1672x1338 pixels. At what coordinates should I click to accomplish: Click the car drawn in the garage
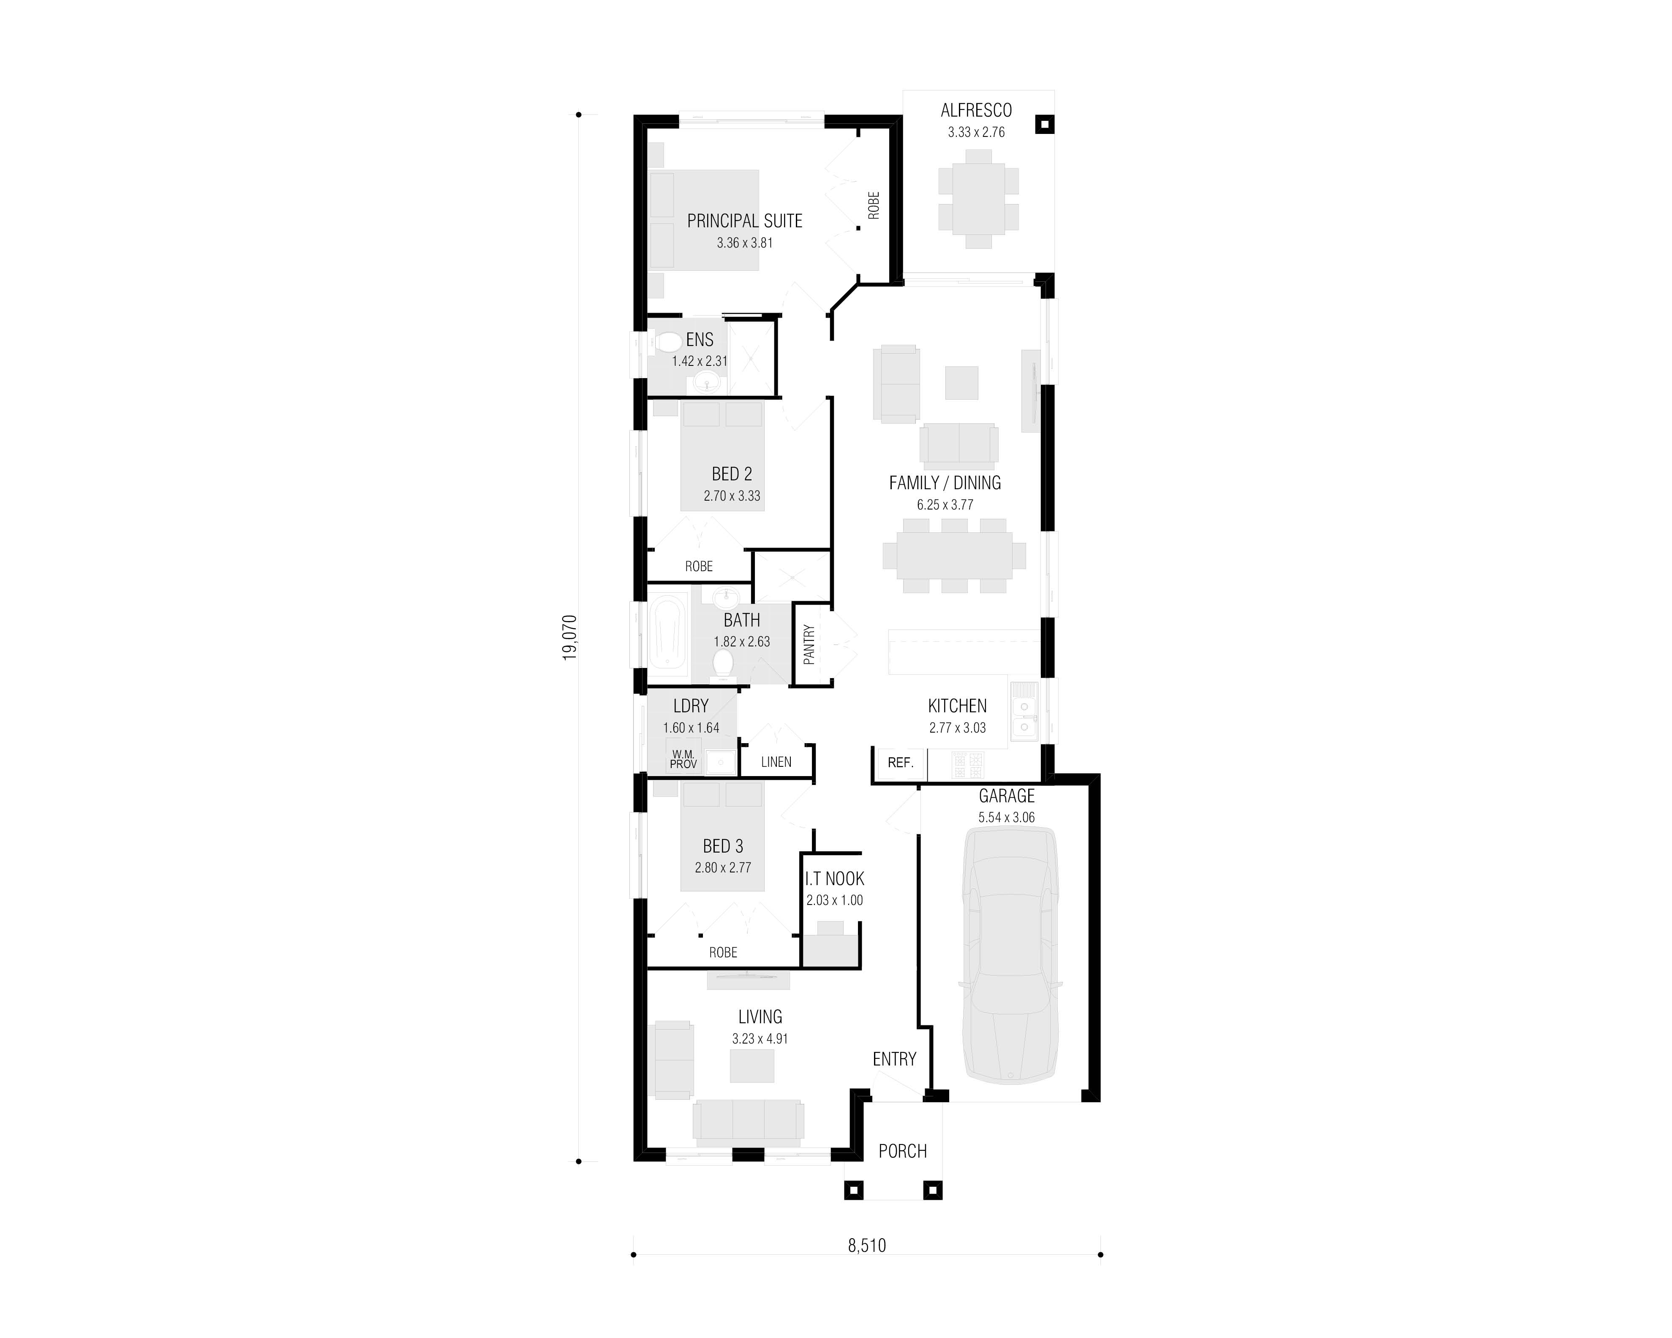[x=1010, y=956]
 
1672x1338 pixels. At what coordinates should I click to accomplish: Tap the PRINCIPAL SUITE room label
[x=744, y=221]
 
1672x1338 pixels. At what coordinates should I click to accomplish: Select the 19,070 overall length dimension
[x=570, y=638]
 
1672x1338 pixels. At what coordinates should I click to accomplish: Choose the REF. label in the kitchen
[x=900, y=763]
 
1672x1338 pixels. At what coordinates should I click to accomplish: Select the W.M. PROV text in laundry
[x=683, y=759]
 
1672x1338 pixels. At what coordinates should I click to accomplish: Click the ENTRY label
[x=894, y=1059]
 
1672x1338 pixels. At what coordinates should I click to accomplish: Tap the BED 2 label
[x=731, y=474]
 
